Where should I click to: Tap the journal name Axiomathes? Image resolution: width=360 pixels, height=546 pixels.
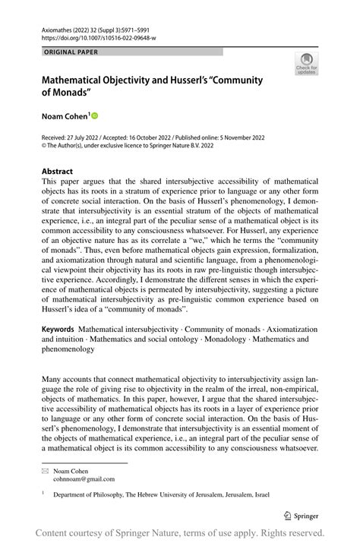[x=58, y=28]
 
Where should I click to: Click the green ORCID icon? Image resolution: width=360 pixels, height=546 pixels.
[x=94, y=116]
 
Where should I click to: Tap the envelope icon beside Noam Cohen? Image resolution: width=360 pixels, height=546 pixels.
[x=45, y=471]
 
